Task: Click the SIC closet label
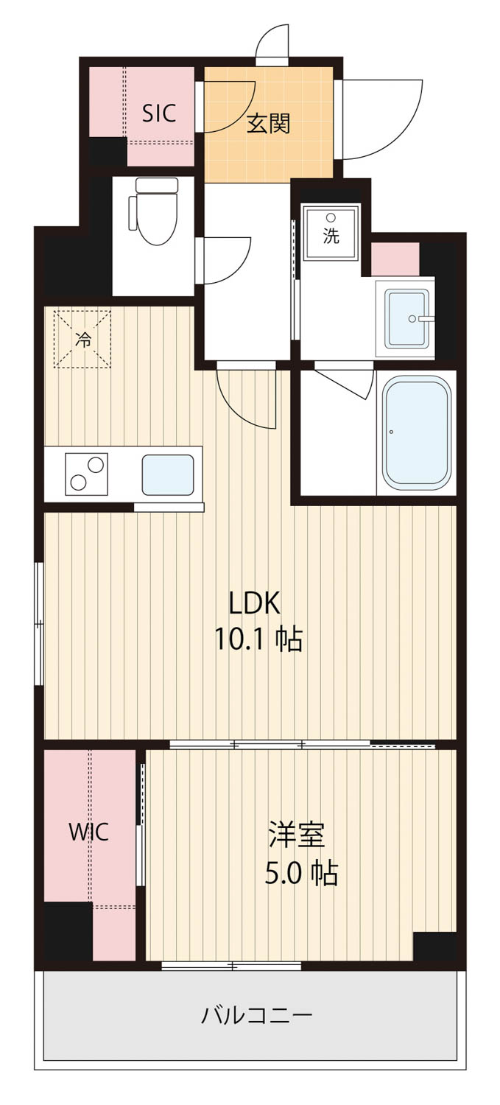point(159,113)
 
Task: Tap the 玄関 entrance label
point(268,123)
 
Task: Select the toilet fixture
point(153,211)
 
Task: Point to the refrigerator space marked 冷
point(82,338)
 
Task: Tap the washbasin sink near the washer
point(406,318)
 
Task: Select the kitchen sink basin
point(168,474)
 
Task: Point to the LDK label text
point(255,603)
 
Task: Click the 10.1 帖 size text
point(258,640)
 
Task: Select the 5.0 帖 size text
point(301,873)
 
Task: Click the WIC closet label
point(89,832)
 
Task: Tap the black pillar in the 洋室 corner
point(434,946)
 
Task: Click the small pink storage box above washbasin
point(395,259)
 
